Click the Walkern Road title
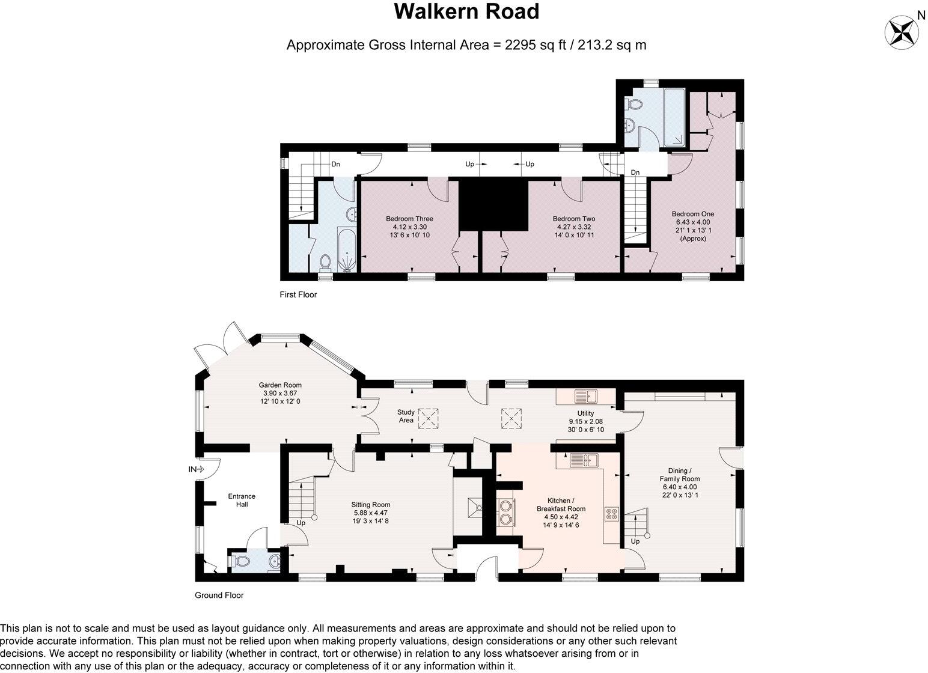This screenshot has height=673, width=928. tap(466, 12)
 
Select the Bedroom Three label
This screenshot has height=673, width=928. tap(409, 219)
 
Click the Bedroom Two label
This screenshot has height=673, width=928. tap(573, 219)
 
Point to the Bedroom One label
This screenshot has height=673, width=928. tap(692, 214)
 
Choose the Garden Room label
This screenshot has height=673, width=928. tap(280, 385)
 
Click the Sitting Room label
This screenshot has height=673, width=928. tap(370, 505)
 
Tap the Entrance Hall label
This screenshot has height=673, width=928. tap(242, 500)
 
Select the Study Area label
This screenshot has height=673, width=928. tap(406, 416)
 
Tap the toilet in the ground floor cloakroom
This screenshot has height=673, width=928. tap(240, 561)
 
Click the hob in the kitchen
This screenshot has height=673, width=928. tap(612, 514)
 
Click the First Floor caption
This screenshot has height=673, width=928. tap(298, 294)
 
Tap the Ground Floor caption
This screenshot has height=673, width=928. tap(219, 595)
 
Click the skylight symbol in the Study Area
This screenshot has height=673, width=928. tap(429, 419)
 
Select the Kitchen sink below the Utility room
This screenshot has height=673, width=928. tap(582, 460)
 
